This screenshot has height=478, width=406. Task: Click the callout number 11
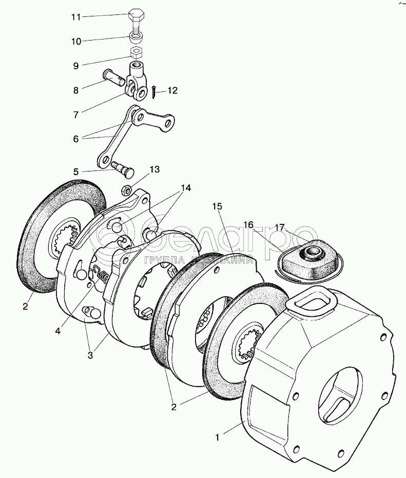click(76, 17)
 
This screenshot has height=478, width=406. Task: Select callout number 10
click(76, 41)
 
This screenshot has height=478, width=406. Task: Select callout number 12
click(171, 91)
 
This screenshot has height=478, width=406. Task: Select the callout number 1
click(218, 437)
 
